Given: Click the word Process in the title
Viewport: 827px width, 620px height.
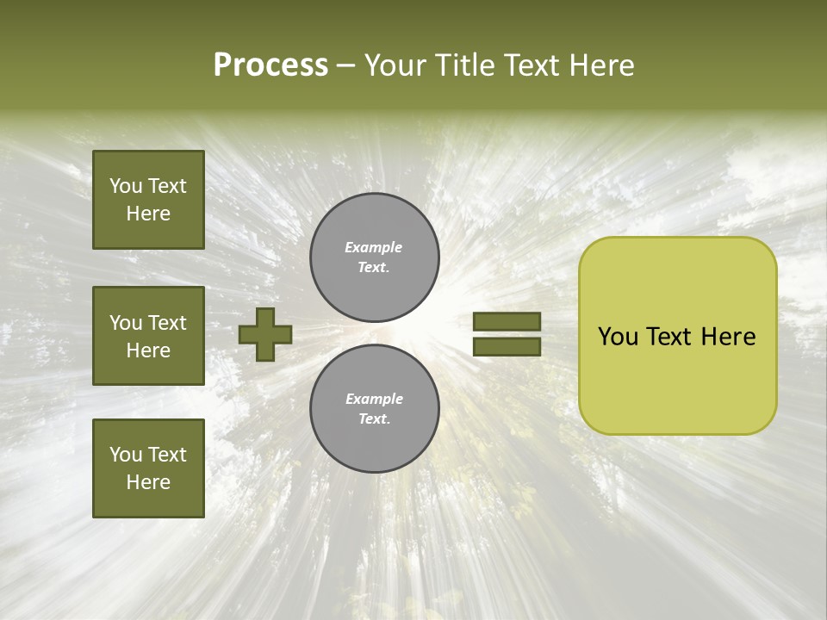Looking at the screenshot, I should (270, 65).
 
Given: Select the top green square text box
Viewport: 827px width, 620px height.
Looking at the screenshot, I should (148, 200).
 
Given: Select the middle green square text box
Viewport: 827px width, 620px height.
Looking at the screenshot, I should (148, 336).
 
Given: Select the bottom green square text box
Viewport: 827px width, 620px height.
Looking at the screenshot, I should (148, 468).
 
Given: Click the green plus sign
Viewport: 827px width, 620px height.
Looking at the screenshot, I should (265, 334).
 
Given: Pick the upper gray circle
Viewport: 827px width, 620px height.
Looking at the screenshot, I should (375, 257).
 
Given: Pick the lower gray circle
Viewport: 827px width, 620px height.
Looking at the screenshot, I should (375, 409).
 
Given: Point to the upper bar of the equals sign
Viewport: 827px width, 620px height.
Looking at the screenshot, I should (507, 322).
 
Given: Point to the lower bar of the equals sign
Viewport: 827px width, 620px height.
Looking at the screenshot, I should (507, 347).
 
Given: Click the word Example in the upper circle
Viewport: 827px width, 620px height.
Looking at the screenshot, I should (374, 248).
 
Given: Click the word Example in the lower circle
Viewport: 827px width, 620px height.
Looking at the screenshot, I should (374, 400).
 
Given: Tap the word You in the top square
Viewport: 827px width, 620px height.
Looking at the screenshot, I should (126, 187).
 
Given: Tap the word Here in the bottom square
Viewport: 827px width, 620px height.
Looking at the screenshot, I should (148, 482).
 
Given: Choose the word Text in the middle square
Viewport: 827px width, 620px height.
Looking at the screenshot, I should (166, 323).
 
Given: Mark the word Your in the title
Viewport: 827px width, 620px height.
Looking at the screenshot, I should (395, 65).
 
